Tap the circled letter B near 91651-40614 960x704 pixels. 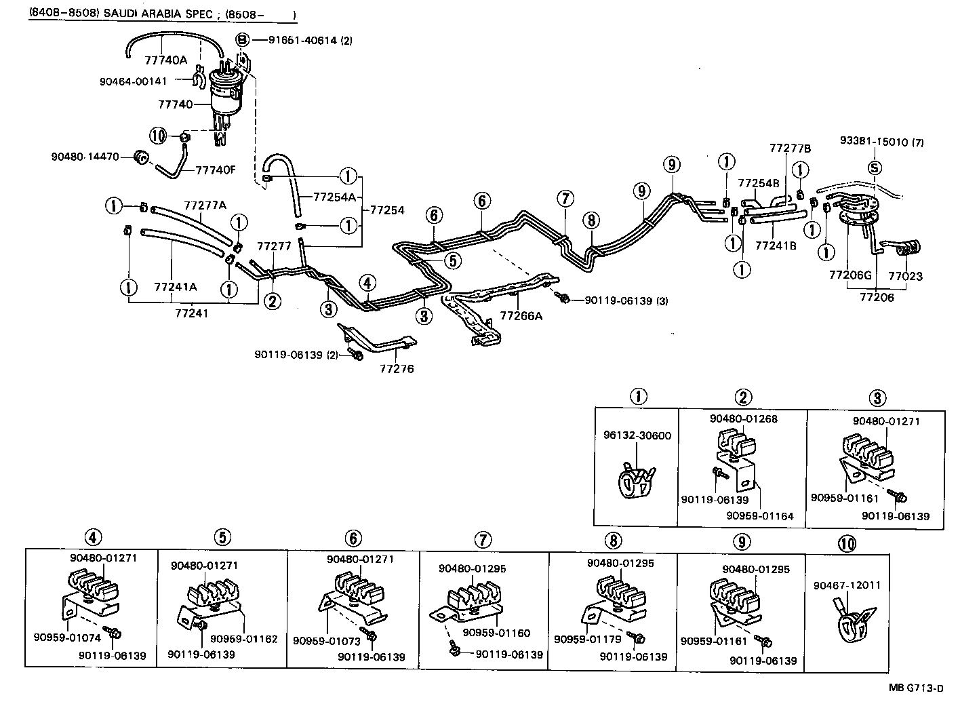(242, 40)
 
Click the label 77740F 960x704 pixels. (216, 170)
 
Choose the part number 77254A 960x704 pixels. (334, 197)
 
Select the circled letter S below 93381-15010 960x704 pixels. (875, 168)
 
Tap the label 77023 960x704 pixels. (906, 277)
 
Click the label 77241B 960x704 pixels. (776, 245)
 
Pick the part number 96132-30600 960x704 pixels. (637, 435)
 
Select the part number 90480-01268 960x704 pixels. (743, 418)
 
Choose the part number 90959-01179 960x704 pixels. (581, 640)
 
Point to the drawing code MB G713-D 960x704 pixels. (916, 688)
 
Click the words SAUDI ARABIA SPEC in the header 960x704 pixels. (160, 14)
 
